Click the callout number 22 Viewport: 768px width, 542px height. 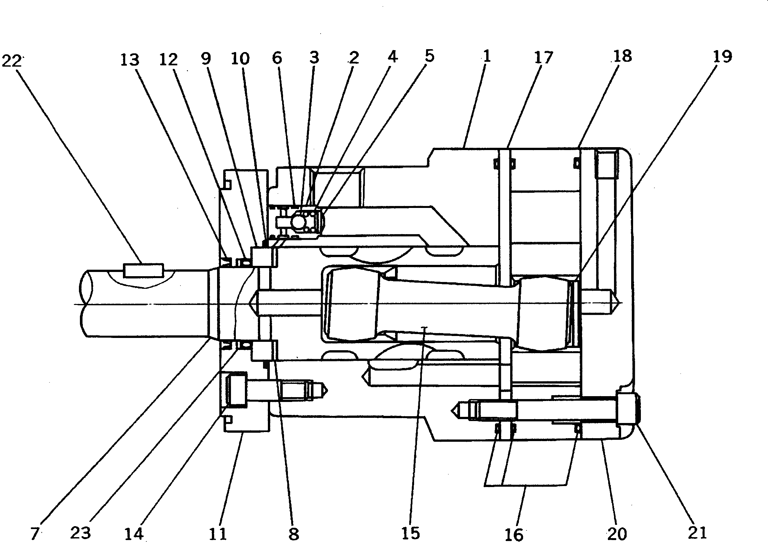pos(11,61)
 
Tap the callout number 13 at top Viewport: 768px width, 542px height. pos(130,60)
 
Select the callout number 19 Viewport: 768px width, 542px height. pos(722,57)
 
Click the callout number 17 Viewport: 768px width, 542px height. pos(543,58)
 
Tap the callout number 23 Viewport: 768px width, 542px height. pos(81,532)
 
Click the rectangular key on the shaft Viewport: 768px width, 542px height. pos(144,270)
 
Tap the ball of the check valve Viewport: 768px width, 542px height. pos(299,221)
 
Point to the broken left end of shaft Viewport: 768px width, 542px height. pos(86,303)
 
